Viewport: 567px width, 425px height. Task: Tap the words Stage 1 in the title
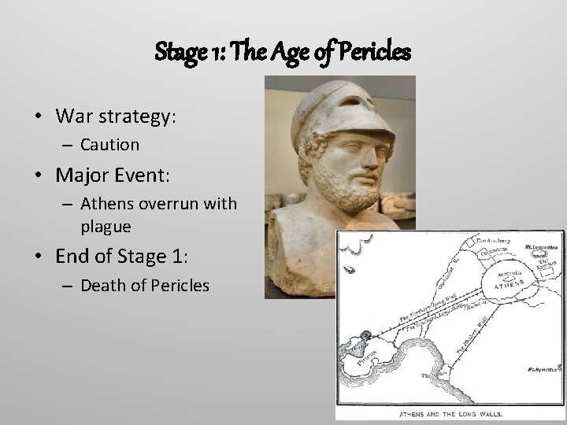tap(183, 53)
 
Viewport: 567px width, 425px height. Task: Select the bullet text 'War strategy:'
tap(117, 116)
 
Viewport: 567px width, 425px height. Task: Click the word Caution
tap(109, 145)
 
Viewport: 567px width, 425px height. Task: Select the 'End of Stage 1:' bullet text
tap(122, 256)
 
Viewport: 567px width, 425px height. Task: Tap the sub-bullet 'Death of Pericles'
tap(145, 285)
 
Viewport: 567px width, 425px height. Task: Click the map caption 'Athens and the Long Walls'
tap(450, 412)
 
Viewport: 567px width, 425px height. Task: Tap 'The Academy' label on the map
tap(492, 241)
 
